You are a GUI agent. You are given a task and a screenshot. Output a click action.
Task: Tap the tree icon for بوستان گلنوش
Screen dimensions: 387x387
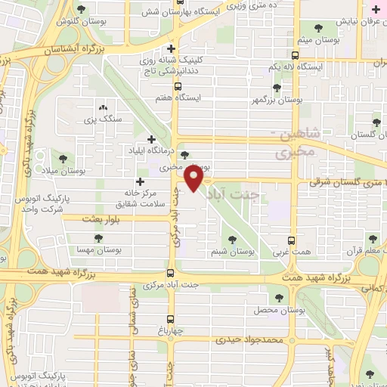coord(81,10)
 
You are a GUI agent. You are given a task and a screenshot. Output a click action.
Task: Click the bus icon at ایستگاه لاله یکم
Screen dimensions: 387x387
coord(295,54)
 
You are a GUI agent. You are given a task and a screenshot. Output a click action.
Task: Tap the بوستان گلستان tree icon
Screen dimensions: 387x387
coord(376,122)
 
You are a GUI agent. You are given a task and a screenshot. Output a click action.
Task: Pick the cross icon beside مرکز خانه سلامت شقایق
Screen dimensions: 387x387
coord(140,181)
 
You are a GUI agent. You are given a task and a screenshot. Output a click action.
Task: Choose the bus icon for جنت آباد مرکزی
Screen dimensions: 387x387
coord(171,273)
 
